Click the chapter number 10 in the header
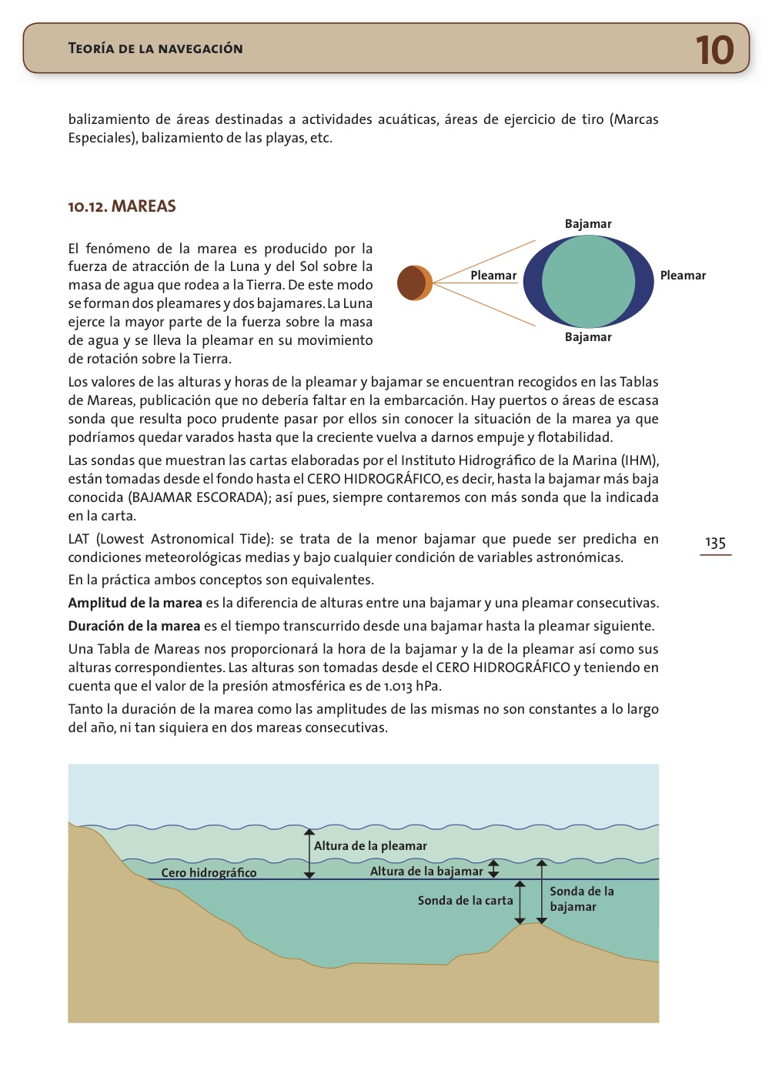coord(714,50)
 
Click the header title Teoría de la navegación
coord(155,49)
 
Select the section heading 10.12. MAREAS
coord(122,206)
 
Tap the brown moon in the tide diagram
coord(415,283)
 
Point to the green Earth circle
coord(588,282)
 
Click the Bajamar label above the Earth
coord(588,224)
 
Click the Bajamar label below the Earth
coord(588,337)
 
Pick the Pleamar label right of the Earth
coord(683,276)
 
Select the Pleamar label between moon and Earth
coord(493,276)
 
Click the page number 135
coord(715,543)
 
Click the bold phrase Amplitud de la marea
coord(135,603)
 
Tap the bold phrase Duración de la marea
coord(134,626)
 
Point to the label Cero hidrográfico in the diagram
coord(209,872)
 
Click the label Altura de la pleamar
coord(370,845)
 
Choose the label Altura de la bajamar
coord(426,871)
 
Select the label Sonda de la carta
coord(465,900)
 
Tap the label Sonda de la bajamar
coord(581,899)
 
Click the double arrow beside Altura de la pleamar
coord(309,853)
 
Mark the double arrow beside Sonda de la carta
coord(520,902)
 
